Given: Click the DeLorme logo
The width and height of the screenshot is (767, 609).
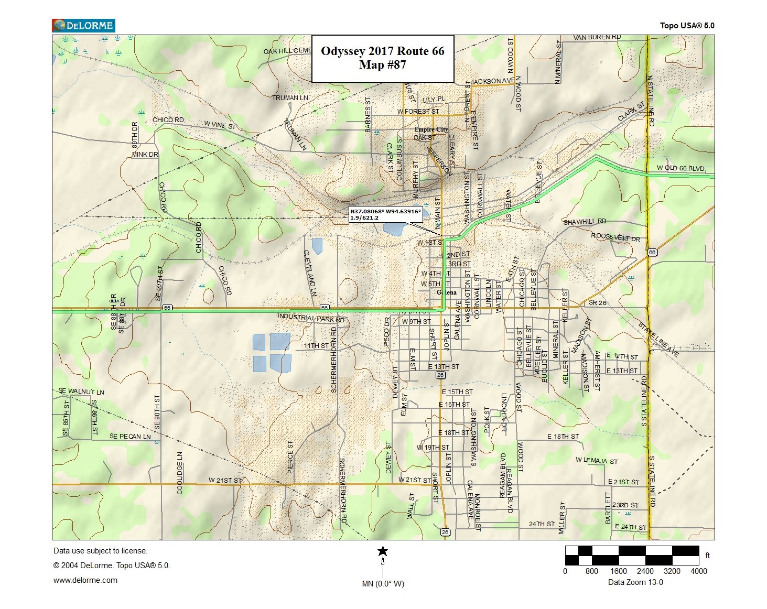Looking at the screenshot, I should pos(83,25).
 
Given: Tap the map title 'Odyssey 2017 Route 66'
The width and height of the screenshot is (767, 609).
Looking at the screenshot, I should pos(382,51).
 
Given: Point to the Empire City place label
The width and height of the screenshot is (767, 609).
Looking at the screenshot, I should pos(431,129).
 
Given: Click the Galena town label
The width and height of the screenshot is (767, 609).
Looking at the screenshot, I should pos(447,292).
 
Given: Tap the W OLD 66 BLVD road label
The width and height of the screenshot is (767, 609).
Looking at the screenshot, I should pos(680,168).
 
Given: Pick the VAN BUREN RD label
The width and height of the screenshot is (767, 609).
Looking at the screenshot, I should pos(597,38).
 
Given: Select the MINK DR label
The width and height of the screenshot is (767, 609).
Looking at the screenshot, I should pos(145,155).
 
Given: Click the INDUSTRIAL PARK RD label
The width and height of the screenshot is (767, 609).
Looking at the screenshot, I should pos(311,318).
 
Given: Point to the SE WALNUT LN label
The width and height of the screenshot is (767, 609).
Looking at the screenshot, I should pos(81,391).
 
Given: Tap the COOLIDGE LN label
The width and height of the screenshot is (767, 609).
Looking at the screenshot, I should pos(180,473).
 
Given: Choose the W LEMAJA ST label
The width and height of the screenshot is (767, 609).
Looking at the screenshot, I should pos(597,461).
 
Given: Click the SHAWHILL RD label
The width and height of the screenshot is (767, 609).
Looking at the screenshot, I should pos(585,222).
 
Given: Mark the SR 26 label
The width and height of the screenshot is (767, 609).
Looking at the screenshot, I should pos(597,303).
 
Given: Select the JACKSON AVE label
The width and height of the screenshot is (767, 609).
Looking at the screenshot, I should pos(492,81).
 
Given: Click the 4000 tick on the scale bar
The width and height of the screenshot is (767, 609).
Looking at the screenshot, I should pos(698,571).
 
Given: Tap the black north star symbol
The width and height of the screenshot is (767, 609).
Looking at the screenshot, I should pos(383,551).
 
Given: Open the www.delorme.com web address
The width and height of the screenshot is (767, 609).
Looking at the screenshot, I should pos(85,580).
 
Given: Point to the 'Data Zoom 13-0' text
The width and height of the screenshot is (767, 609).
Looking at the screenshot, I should pos(635,582).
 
